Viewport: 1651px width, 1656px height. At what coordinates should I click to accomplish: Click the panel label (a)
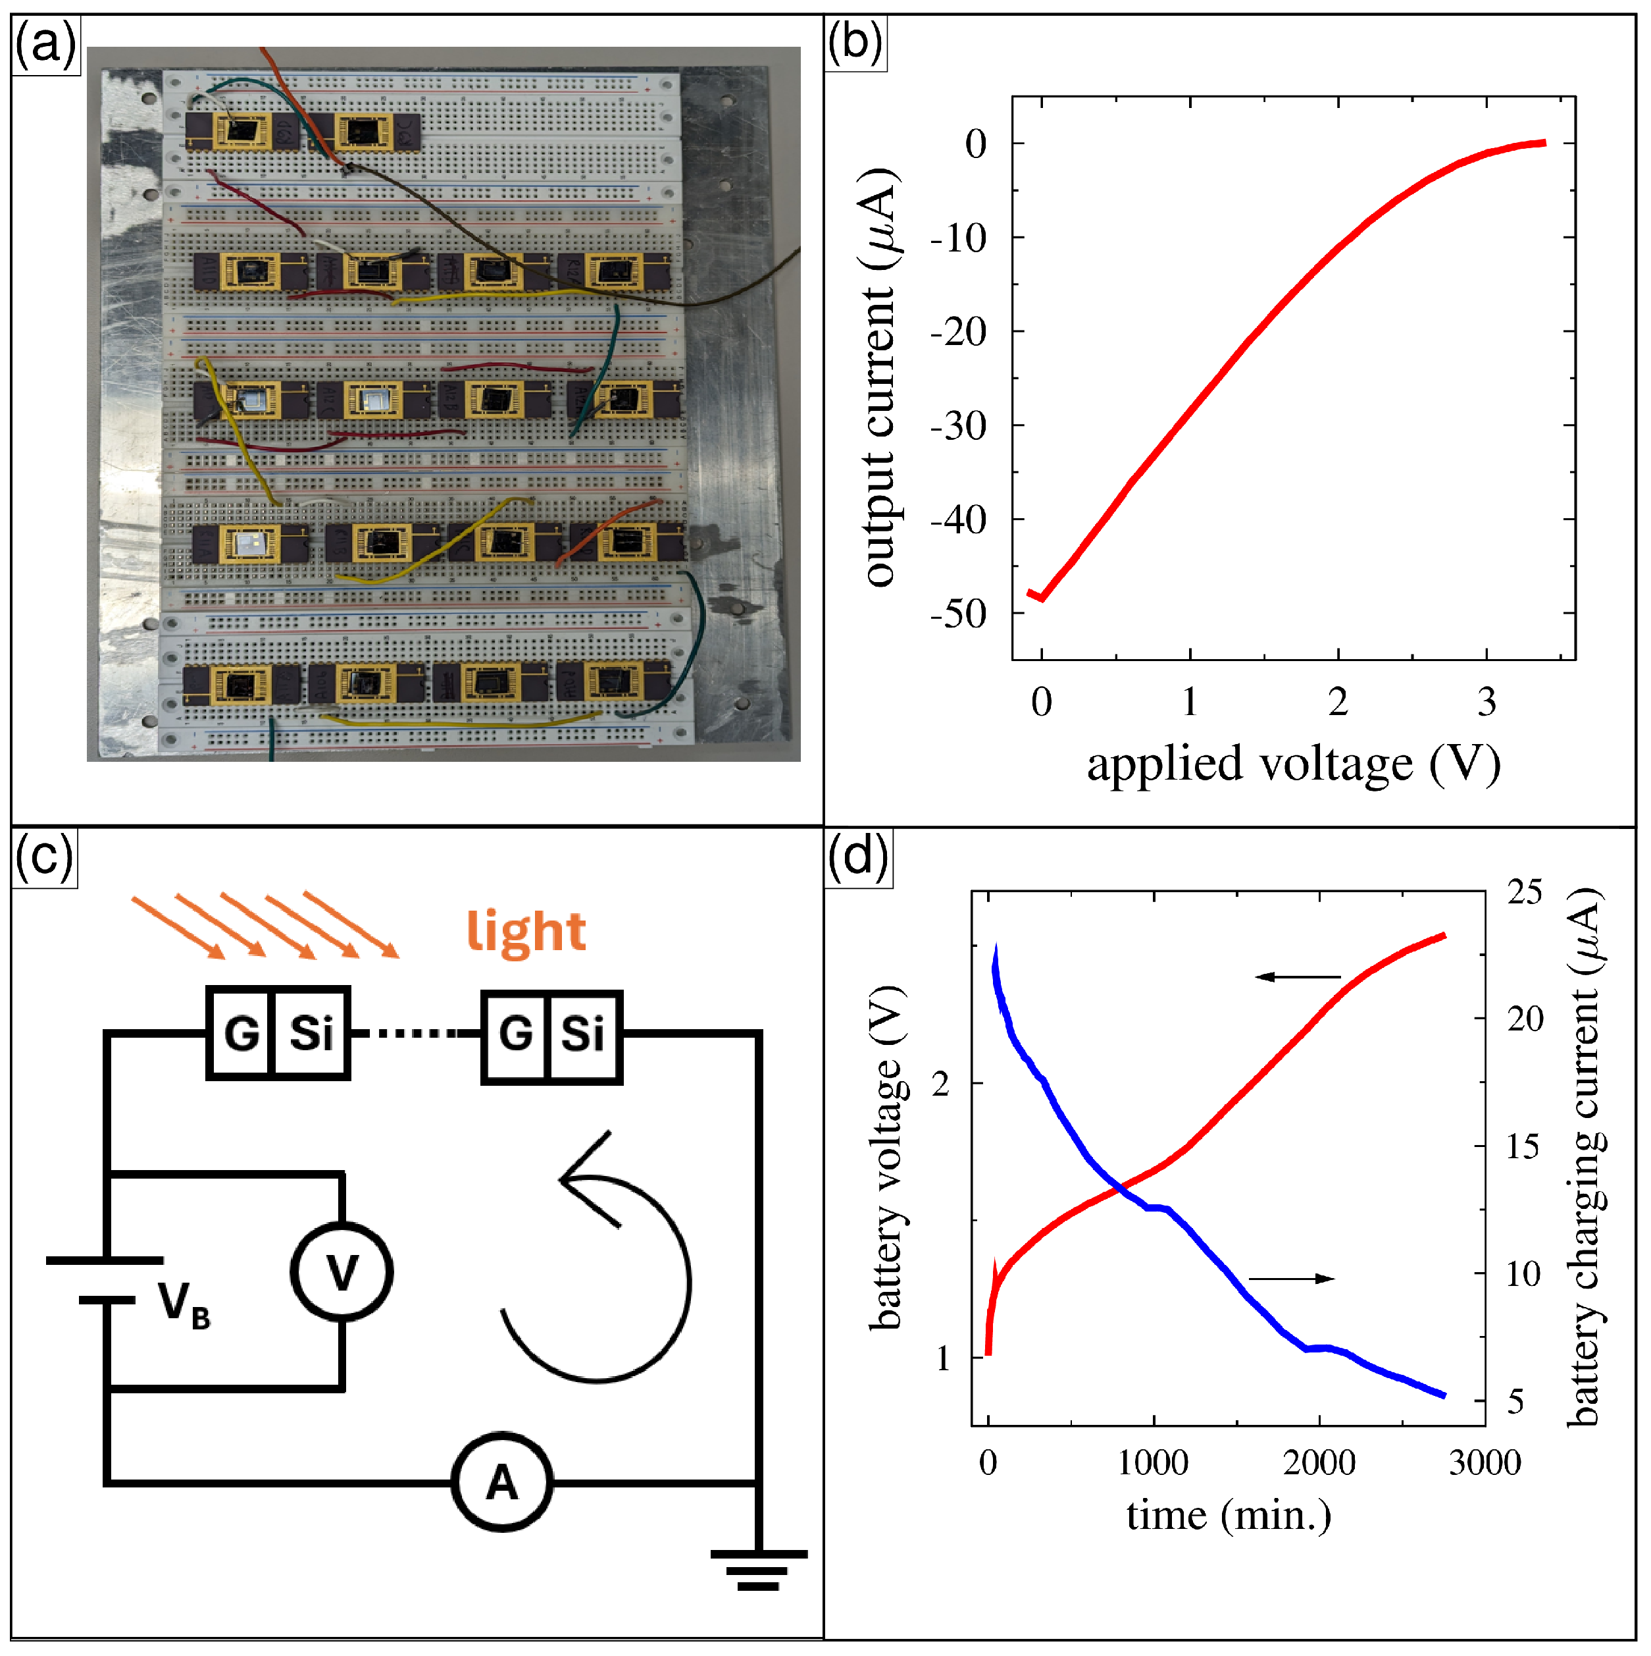(x=45, y=43)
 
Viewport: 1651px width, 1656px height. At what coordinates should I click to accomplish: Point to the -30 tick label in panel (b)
(x=959, y=426)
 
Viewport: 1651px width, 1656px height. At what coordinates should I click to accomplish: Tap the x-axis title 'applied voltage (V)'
(x=1293, y=764)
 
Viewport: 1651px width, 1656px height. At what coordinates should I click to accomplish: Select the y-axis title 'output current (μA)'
(x=879, y=377)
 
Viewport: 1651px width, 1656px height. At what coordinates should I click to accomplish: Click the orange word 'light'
(x=525, y=932)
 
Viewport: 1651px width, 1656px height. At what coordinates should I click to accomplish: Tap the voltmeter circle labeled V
(x=342, y=1271)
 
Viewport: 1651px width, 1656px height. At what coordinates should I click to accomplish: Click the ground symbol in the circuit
(x=758, y=1568)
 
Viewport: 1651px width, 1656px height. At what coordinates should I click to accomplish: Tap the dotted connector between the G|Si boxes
(x=415, y=1034)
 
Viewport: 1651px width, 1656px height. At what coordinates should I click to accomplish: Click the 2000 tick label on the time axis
(x=1319, y=1462)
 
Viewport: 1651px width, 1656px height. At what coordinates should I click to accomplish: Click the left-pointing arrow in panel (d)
(x=1298, y=976)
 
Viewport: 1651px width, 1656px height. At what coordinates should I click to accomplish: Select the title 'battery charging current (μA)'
(x=1585, y=1157)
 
